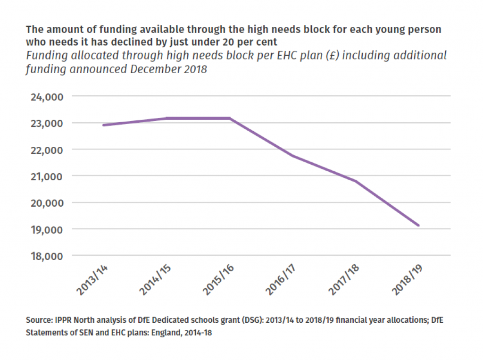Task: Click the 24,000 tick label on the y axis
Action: [46, 97]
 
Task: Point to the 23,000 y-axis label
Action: [46, 123]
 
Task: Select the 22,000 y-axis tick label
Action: [46, 150]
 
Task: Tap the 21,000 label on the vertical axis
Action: [46, 176]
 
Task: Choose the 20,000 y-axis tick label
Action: [46, 203]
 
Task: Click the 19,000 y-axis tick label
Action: [46, 230]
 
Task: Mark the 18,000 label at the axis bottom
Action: [46, 256]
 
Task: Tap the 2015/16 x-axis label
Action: [218, 282]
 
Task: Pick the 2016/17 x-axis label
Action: [281, 282]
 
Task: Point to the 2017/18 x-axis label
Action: [344, 282]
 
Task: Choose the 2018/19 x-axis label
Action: [408, 282]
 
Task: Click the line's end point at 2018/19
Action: [418, 226]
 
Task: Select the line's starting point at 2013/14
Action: [103, 125]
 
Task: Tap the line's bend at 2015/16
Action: [230, 118]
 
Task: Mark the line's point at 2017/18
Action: [356, 181]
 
